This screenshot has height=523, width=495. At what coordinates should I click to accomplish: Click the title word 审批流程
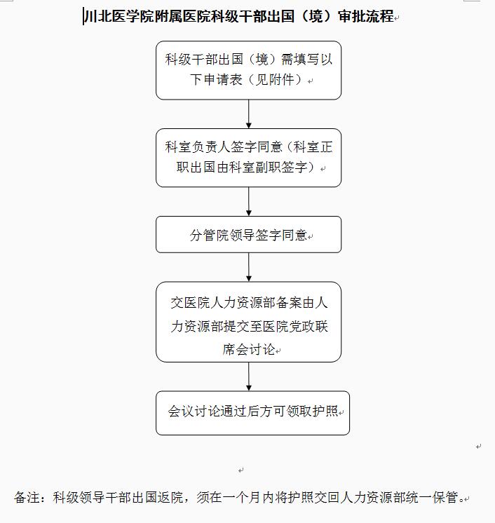366,16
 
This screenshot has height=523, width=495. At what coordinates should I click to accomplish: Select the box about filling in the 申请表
248,70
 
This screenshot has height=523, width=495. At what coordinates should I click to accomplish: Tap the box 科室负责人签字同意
248,158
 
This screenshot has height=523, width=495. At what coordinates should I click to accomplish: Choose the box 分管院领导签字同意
248,234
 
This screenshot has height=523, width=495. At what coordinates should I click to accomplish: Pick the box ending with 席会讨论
248,322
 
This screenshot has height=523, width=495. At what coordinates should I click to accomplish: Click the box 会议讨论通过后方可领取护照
252,413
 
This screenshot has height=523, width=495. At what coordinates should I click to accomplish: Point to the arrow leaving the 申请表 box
248,114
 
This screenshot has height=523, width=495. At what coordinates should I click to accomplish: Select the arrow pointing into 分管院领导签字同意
248,201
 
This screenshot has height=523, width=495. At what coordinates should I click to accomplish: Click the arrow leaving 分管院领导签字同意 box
248,267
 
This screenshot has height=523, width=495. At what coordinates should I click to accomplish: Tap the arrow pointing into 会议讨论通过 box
248,376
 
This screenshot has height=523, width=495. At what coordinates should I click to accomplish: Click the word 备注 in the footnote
27,497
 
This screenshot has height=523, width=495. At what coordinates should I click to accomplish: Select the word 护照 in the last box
325,411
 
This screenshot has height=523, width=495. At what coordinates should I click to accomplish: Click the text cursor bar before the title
83,17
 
